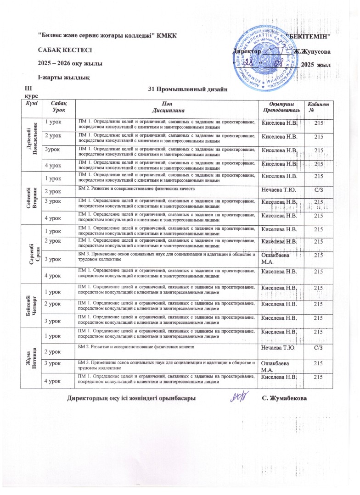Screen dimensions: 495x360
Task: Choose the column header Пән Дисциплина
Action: pos(166,107)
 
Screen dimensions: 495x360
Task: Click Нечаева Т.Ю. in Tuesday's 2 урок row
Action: pos(277,189)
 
